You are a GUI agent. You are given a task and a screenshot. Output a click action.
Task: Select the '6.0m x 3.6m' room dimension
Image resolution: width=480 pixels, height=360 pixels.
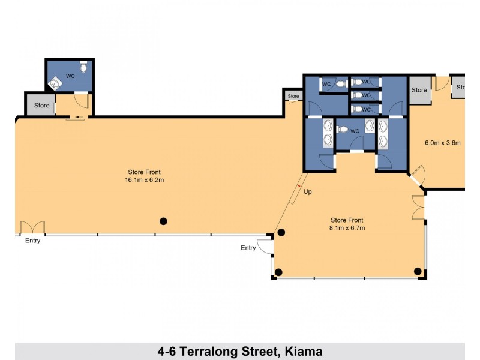point(442,143)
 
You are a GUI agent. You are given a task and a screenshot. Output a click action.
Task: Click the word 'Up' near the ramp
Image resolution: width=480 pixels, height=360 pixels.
point(307,192)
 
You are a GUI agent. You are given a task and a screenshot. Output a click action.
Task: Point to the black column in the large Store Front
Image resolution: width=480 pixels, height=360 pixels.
point(163,221)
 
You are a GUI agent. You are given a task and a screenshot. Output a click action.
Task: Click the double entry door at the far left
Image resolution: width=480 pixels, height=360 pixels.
point(32,228)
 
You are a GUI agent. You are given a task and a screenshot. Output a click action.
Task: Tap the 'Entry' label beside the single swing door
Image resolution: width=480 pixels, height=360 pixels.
point(248,248)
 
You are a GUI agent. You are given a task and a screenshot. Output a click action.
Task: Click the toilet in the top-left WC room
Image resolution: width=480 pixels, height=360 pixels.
point(83,69)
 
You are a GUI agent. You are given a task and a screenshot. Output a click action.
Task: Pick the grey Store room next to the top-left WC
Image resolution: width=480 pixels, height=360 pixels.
point(41,106)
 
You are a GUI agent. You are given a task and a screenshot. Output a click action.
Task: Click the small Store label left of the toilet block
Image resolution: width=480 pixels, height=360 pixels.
point(293,96)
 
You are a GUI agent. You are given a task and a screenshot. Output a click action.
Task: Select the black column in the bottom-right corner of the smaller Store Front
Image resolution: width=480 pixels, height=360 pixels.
point(417,271)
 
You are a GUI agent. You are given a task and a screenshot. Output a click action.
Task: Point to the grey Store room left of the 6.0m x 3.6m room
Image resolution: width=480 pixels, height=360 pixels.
point(419,90)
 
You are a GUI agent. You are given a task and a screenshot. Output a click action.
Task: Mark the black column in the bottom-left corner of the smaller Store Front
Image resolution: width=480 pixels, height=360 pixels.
point(278,272)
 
